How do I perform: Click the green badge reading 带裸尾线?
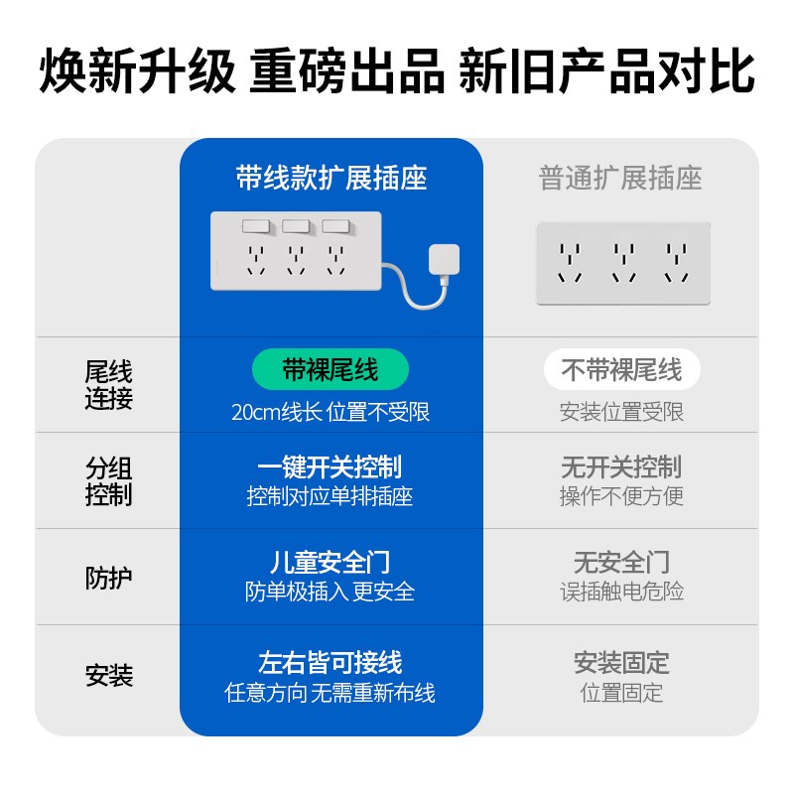tap(330, 370)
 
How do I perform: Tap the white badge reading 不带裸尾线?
tap(621, 370)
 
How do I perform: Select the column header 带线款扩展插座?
tap(331, 179)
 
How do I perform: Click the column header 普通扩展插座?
tap(620, 179)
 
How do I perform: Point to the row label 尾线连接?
tap(108, 385)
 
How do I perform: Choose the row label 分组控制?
tap(108, 481)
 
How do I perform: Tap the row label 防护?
tap(108, 578)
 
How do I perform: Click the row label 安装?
tap(108, 676)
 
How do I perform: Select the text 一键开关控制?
tap(330, 466)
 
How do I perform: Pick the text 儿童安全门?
tap(330, 563)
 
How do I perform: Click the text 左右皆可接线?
tap(330, 662)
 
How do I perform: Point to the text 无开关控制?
tap(621, 466)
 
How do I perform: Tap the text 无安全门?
tap(621, 563)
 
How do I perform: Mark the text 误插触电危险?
tap(621, 593)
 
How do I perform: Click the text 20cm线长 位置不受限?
tap(330, 412)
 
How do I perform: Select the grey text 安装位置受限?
tap(621, 412)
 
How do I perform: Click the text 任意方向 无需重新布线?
tap(330, 693)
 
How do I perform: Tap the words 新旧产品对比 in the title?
tap(606, 71)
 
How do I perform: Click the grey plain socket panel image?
tap(622, 262)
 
